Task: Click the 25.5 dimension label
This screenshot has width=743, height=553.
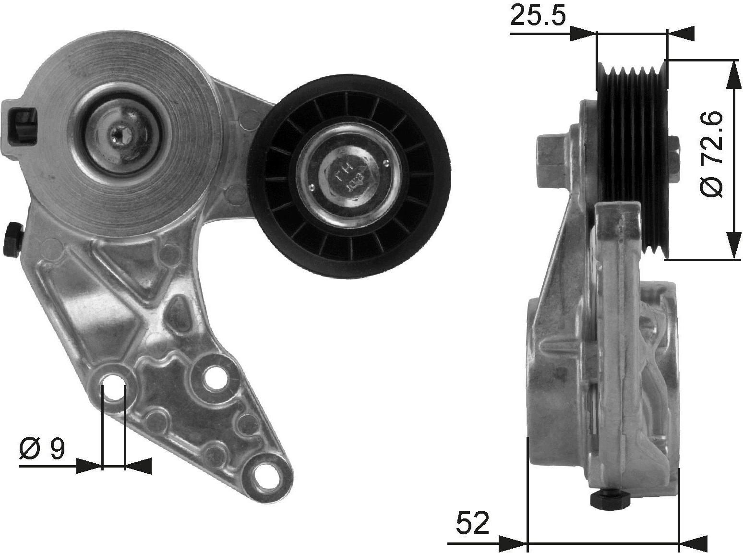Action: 538,16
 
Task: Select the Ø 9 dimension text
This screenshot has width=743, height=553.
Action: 42,449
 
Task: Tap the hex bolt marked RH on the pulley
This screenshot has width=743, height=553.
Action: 348,174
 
